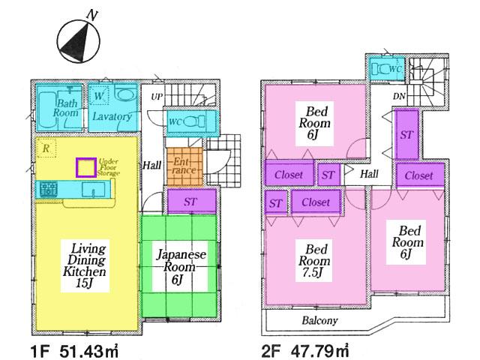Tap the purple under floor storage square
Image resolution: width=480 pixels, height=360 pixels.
pyautogui.click(x=85, y=167)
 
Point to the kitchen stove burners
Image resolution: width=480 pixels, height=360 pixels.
pyautogui.click(x=49, y=190)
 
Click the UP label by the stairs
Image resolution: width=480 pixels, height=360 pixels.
pyautogui.click(x=157, y=97)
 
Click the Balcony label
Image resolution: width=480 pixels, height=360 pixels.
pyautogui.click(x=319, y=320)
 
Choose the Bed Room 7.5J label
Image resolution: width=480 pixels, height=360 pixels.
pyautogui.click(x=313, y=259)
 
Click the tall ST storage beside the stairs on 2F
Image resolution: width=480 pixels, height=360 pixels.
pyautogui.click(x=406, y=135)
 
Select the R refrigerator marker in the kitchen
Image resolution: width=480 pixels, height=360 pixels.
pyautogui.click(x=46, y=148)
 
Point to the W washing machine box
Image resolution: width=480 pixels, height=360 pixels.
pyautogui.click(x=99, y=96)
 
